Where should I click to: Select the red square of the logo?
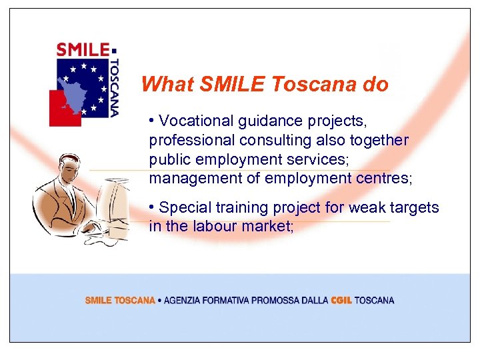(x=64, y=109)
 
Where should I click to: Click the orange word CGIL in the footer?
(x=341, y=301)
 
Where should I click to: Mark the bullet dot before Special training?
(x=153, y=206)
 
